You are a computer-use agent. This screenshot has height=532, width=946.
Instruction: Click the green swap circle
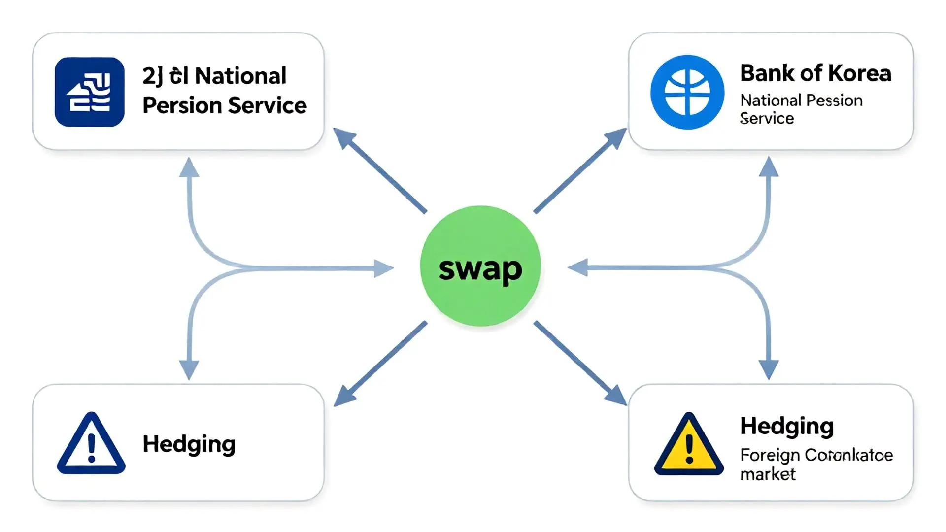pyautogui.click(x=480, y=266)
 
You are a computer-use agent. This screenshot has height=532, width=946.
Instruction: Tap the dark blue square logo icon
pyautogui.click(x=89, y=92)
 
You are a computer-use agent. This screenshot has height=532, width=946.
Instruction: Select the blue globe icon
pyautogui.click(x=687, y=92)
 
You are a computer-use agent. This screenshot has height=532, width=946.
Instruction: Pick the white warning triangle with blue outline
pyautogui.click(x=91, y=445)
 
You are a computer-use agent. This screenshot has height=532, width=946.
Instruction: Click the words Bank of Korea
pyautogui.click(x=815, y=74)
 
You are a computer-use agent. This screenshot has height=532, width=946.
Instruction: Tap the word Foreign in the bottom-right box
pyautogui.click(x=769, y=455)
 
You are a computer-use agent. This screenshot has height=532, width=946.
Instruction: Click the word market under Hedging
pyautogui.click(x=768, y=474)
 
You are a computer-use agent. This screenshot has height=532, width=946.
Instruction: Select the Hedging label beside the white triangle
pyautogui.click(x=189, y=444)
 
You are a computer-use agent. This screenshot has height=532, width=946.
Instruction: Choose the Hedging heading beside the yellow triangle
pyautogui.click(x=787, y=427)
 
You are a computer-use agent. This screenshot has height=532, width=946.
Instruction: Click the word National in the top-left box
pyautogui.click(x=240, y=76)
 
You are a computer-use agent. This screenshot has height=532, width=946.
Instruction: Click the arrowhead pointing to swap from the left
pyautogui.click(x=384, y=268)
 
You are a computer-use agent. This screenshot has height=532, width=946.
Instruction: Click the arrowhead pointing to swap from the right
pyautogui.click(x=577, y=268)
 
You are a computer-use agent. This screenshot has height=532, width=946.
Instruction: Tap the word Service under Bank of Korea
pyautogui.click(x=767, y=119)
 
